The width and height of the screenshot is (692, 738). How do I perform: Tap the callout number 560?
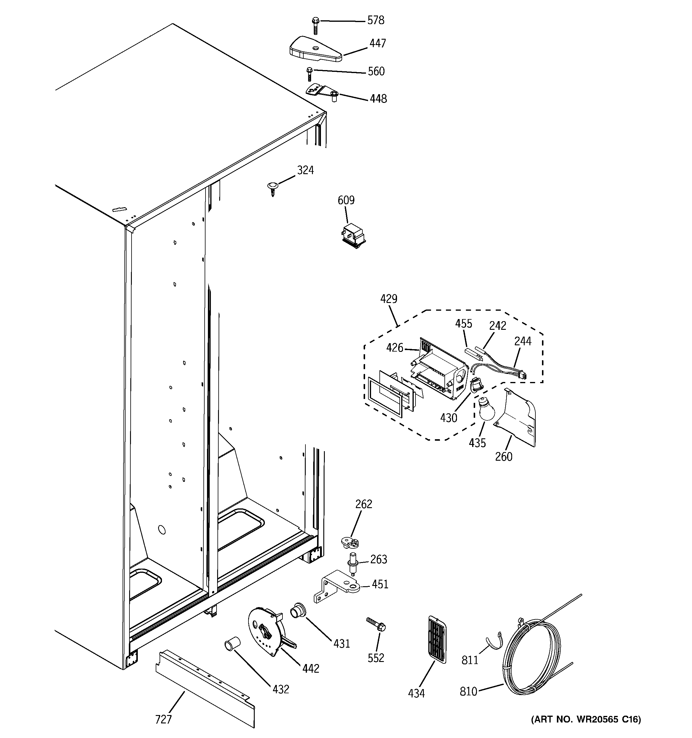[376, 71]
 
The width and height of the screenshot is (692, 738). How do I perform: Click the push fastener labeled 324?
[272, 187]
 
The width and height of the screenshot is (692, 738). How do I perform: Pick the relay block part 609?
[353, 235]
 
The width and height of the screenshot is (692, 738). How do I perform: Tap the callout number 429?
[389, 298]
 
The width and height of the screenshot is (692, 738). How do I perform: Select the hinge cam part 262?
[350, 543]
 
